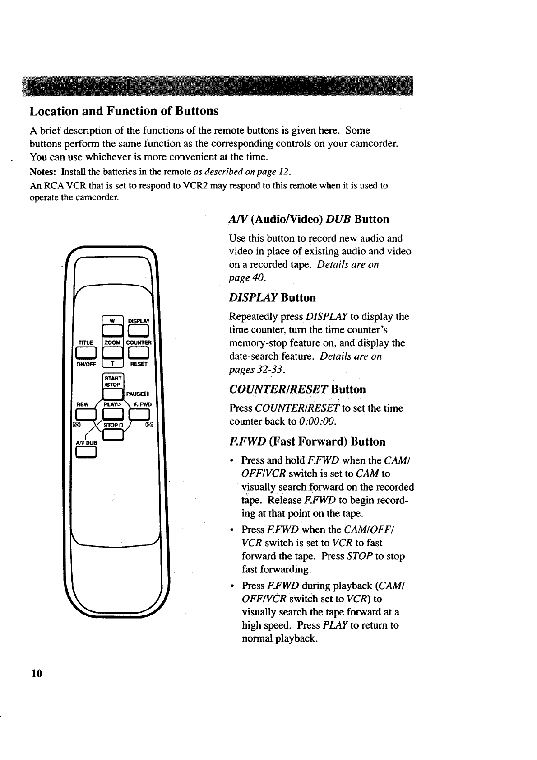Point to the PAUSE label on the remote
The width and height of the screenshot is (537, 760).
[134, 393]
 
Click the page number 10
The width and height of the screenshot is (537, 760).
[37, 674]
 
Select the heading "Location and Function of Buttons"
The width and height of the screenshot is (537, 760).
[124, 111]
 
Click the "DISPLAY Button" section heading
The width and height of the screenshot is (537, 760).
[273, 298]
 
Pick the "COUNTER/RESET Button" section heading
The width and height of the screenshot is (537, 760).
[297, 389]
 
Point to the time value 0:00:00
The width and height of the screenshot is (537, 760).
[318, 422]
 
